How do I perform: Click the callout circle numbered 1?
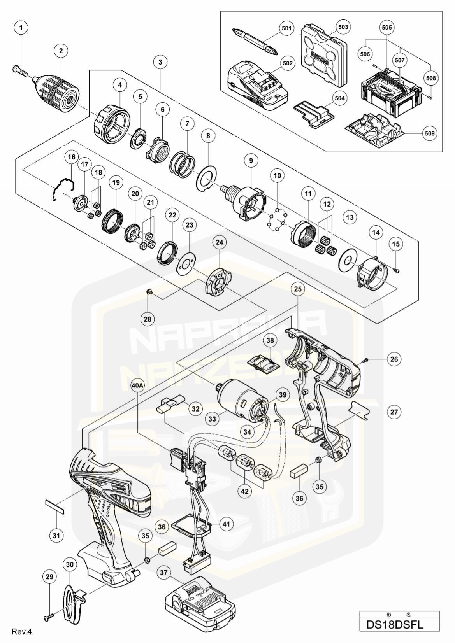pyautogui.click(x=21, y=28)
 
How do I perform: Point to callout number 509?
pyautogui.click(x=430, y=133)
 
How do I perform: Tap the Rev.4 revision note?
pyautogui.click(x=21, y=631)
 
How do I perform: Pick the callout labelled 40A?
pyautogui.click(x=138, y=385)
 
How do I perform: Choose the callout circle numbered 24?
pyautogui.click(x=220, y=242)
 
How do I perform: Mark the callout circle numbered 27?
pyautogui.click(x=394, y=411)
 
